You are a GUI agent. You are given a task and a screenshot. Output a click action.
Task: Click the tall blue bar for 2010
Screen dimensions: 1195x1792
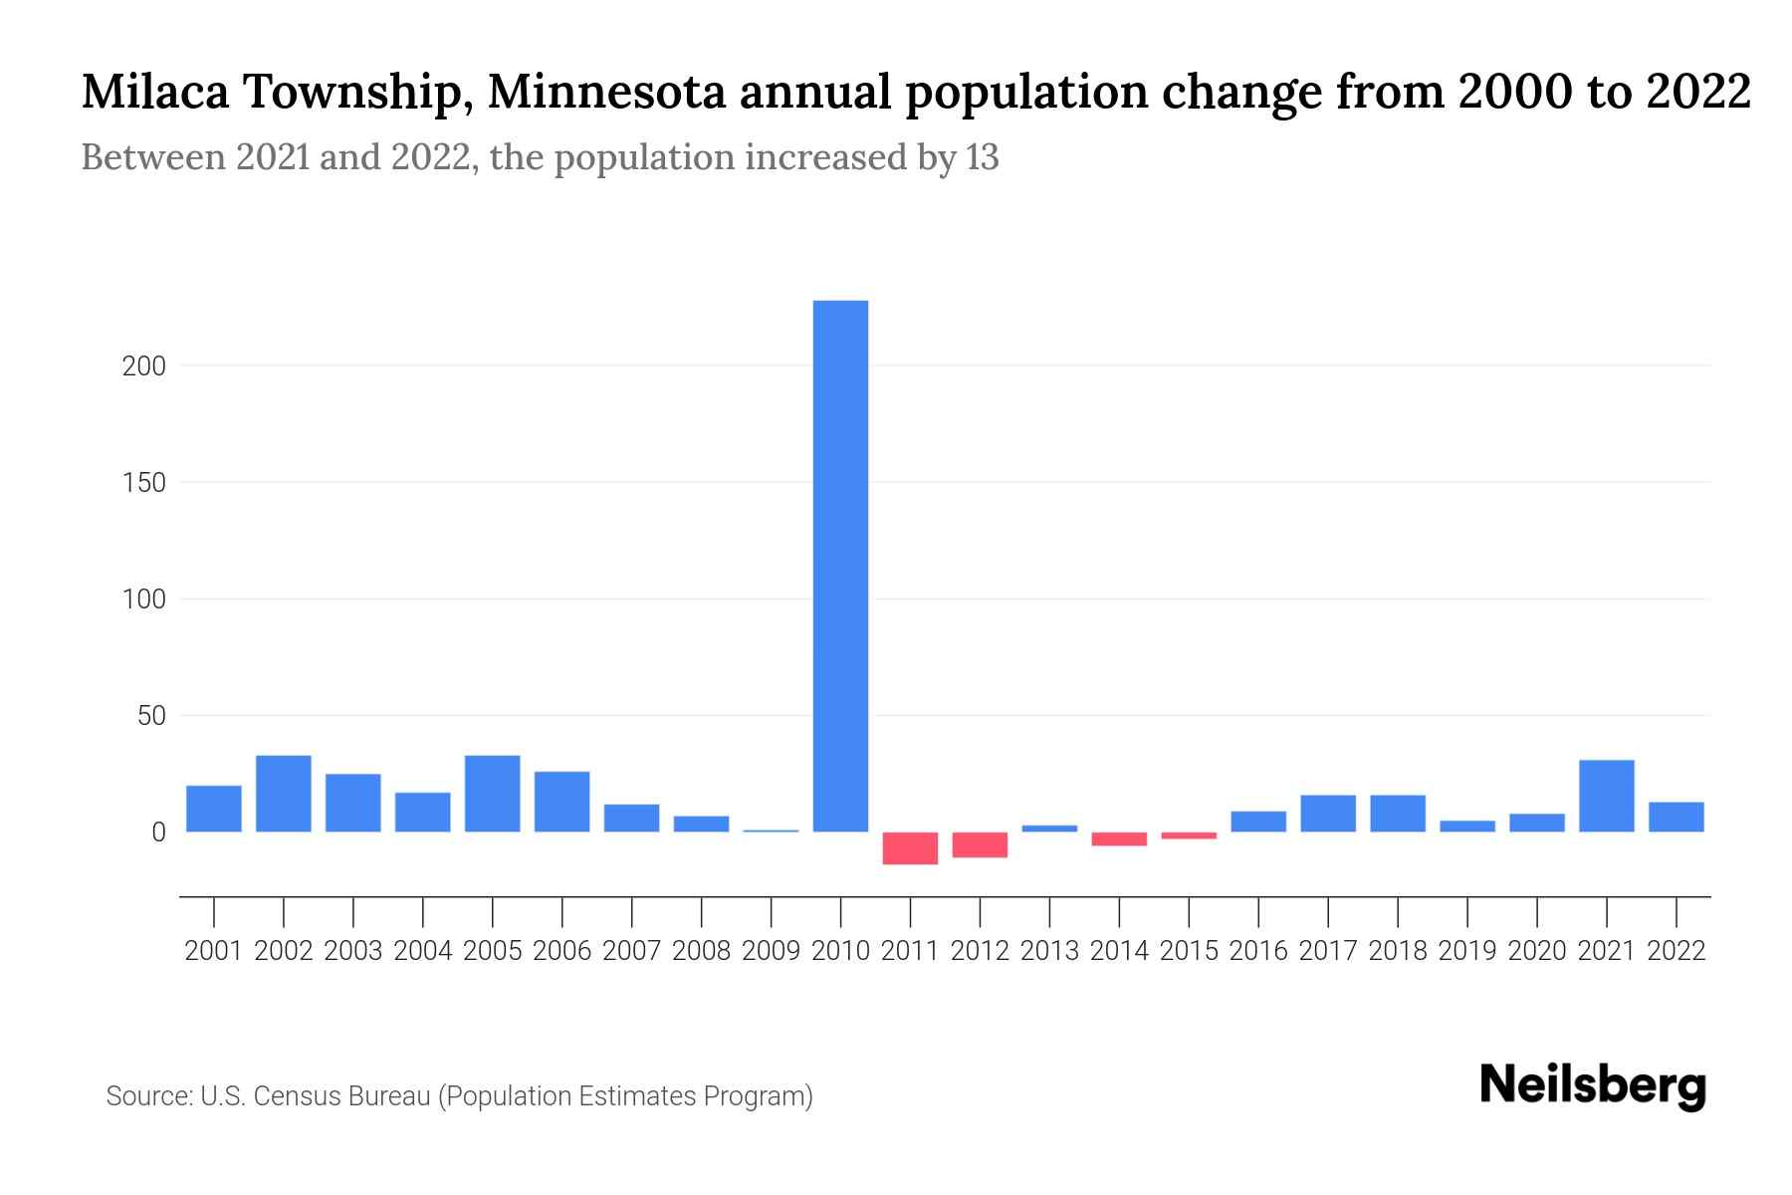(840, 566)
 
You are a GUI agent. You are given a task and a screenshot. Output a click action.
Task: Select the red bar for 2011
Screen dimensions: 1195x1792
(910, 847)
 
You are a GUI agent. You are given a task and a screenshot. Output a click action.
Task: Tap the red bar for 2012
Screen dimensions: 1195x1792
(980, 844)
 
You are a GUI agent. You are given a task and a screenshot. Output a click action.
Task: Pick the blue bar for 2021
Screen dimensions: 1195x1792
(1606, 796)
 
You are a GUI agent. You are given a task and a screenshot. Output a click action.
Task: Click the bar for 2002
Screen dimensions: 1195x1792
(284, 794)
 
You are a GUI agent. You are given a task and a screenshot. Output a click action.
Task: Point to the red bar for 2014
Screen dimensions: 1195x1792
(1119, 838)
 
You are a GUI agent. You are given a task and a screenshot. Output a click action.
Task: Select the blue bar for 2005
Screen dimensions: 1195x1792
(492, 794)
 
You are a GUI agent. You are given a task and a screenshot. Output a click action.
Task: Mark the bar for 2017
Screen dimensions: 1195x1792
(1327, 813)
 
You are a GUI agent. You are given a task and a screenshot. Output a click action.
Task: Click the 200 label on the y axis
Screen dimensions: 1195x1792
(143, 366)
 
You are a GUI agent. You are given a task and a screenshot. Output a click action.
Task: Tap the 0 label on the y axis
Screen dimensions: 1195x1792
(158, 833)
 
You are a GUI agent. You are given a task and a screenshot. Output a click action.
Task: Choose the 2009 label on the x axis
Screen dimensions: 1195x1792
(771, 951)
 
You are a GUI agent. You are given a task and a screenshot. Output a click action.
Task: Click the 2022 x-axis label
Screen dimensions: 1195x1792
(1676, 951)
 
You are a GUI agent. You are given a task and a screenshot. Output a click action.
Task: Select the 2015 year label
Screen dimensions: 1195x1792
(1189, 951)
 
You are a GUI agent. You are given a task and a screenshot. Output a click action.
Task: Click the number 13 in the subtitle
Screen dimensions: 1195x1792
(981, 157)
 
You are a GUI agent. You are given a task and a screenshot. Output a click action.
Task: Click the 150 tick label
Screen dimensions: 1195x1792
(143, 483)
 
